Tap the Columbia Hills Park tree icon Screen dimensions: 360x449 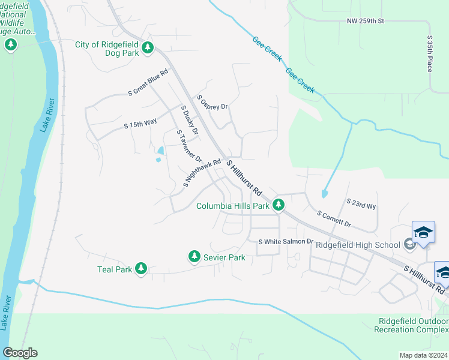(x=278, y=206)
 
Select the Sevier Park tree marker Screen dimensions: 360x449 (x=194, y=257)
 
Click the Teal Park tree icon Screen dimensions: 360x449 (x=140, y=269)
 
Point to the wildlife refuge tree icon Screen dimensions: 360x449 (x=10, y=45)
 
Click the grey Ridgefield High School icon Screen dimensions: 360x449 (x=409, y=244)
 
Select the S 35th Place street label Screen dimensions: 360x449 (x=430, y=53)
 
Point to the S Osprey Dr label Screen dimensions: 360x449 (x=212, y=102)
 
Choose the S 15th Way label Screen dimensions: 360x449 (x=140, y=123)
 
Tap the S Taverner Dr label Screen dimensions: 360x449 (x=188, y=146)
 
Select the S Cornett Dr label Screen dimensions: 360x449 (x=334, y=218)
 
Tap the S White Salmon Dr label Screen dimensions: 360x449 (x=286, y=241)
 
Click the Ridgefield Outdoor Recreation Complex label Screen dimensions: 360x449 (x=411, y=325)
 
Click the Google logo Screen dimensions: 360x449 (x=20, y=353)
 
